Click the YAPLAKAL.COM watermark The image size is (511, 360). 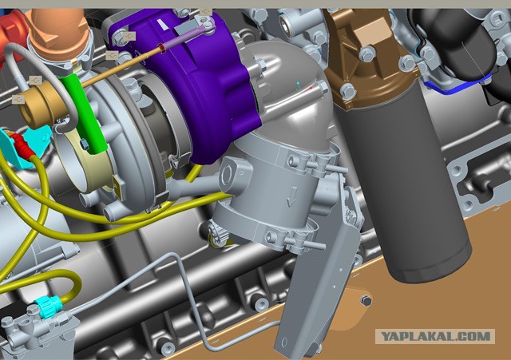coord(435,336)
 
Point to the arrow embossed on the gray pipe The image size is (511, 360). coord(291,197)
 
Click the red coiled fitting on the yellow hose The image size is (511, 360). coord(22,144)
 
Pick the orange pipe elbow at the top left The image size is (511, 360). coord(58,33)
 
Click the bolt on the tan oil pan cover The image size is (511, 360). coord(367,301)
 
